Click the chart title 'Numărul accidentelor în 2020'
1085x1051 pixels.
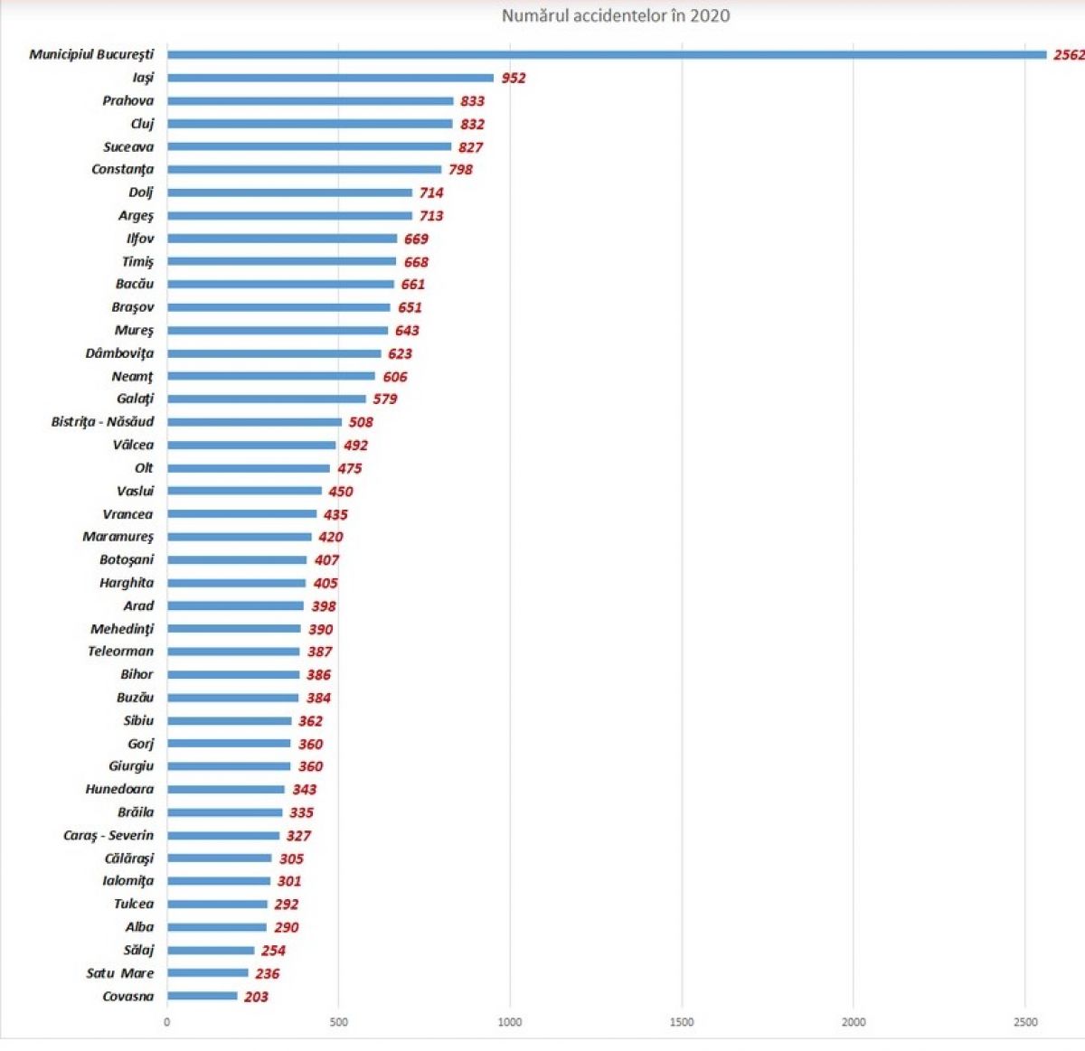click(x=616, y=15)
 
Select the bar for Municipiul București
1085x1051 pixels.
click(x=606, y=55)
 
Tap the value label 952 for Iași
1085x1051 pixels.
click(x=514, y=78)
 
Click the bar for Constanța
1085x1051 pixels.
click(x=304, y=169)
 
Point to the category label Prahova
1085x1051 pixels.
click(x=127, y=100)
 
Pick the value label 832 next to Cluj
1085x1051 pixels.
click(x=472, y=124)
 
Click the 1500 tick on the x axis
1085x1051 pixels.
click(x=682, y=1022)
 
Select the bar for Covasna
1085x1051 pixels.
click(x=203, y=996)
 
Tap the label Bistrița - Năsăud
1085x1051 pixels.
click(x=102, y=421)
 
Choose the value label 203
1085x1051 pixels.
click(x=256, y=997)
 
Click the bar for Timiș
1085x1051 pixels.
click(x=281, y=261)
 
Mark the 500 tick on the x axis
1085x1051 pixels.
click(x=338, y=1022)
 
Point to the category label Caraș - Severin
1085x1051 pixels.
click(x=108, y=835)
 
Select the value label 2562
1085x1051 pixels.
click(x=1068, y=55)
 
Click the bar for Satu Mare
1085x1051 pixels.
click(x=207, y=973)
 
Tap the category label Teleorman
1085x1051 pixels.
click(x=120, y=651)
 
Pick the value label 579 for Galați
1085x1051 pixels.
click(x=385, y=399)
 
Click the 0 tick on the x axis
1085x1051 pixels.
click(x=167, y=1022)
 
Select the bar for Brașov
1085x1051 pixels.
click(x=278, y=307)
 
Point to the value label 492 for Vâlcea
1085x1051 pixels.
click(x=355, y=445)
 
